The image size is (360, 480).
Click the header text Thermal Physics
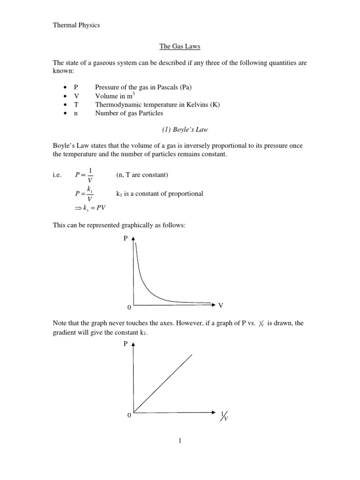(x=76, y=25)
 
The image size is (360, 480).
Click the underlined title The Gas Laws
(x=180, y=47)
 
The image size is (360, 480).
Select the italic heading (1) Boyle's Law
(x=180, y=130)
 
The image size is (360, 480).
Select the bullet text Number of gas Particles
(x=129, y=113)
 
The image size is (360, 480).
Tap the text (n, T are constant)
(x=142, y=175)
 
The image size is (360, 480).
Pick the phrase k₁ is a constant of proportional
(x=159, y=194)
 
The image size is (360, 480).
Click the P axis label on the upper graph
(x=125, y=239)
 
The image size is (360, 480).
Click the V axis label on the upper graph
(x=221, y=305)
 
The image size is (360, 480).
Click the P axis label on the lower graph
(x=125, y=344)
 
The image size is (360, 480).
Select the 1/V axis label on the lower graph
(x=224, y=416)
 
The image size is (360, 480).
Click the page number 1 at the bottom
(x=180, y=441)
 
